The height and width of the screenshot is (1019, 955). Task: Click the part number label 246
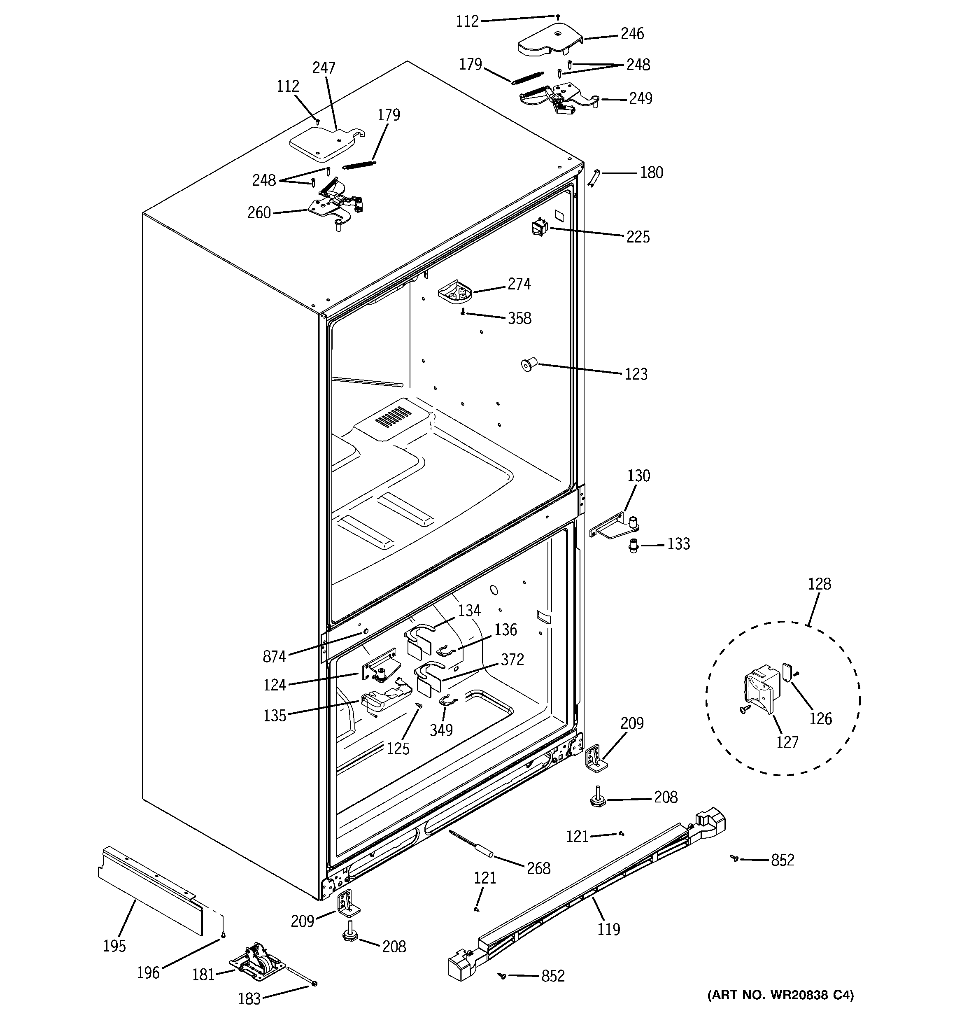click(x=632, y=34)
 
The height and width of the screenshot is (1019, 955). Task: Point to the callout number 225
click(x=638, y=237)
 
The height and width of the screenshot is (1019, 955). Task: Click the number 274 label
click(x=519, y=284)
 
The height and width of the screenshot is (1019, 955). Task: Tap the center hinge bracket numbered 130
click(x=615, y=528)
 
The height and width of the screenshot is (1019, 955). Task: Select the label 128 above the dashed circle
click(x=819, y=584)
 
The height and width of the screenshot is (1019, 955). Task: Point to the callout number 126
click(x=820, y=718)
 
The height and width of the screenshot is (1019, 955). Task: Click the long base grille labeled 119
click(x=589, y=891)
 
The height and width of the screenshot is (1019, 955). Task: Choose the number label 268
click(x=538, y=868)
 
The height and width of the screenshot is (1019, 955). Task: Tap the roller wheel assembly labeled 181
click(x=257, y=966)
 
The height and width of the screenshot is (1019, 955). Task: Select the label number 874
click(x=274, y=656)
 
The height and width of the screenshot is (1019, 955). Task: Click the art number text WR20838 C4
click(x=780, y=996)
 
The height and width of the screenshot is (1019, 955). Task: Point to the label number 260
click(x=259, y=213)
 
